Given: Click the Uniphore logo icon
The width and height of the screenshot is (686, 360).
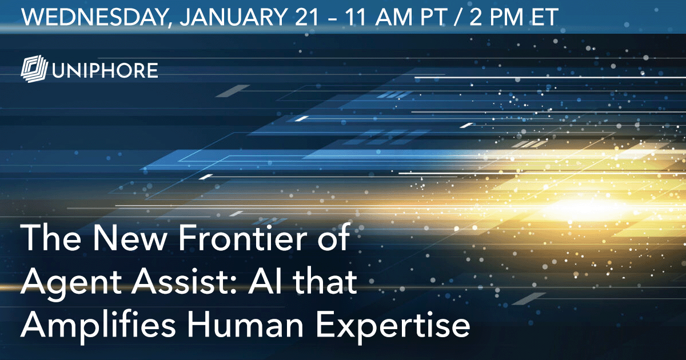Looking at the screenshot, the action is [34, 69].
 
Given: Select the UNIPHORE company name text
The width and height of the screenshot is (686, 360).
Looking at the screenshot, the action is [105, 70].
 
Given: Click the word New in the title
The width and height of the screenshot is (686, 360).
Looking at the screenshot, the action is [129, 238].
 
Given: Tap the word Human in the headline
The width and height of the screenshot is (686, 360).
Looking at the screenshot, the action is [245, 325].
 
